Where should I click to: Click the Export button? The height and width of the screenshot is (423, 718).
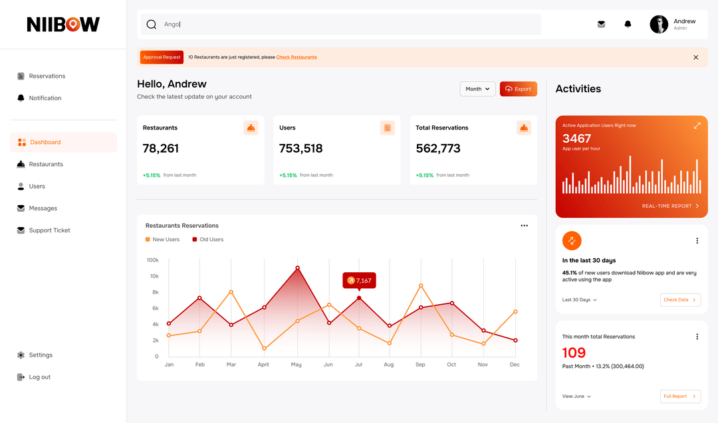[x=518, y=89]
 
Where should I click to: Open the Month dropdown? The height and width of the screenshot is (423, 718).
[x=477, y=89]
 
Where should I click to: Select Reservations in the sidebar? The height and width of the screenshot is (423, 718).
[x=47, y=76]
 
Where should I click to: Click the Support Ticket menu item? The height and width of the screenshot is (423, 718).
[x=49, y=230]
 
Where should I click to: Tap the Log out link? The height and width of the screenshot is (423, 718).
[x=39, y=377]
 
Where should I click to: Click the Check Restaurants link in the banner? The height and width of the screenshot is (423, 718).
[x=297, y=57]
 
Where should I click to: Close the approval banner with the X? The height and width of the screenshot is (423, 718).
[x=695, y=57]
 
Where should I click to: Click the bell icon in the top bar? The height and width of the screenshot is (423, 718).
[x=628, y=25]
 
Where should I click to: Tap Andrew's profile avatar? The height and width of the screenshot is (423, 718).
[x=659, y=25]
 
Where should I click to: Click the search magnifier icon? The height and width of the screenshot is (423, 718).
[x=152, y=25]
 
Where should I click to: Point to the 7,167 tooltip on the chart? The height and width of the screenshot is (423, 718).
[x=359, y=280]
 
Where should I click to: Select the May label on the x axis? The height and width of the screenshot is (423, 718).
[x=297, y=365]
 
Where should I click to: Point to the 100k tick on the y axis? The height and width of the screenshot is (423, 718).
[x=152, y=260]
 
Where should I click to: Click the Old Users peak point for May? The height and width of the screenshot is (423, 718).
[x=297, y=268]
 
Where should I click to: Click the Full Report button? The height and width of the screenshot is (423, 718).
[x=679, y=396]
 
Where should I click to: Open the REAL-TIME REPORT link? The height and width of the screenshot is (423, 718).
[x=670, y=207]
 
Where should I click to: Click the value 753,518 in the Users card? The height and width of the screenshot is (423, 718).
[x=300, y=149]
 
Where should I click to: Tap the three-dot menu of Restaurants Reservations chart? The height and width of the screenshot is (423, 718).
[x=524, y=226]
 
